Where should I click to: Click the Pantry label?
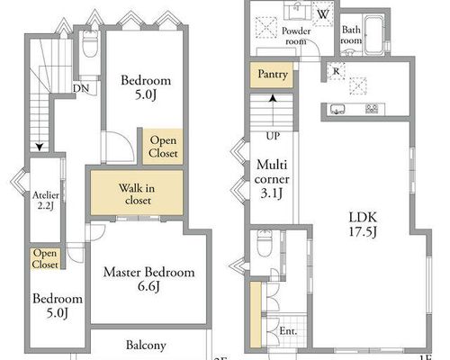tap(273, 74)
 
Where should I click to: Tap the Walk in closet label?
tap(137, 193)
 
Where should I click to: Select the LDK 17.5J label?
tap(363, 224)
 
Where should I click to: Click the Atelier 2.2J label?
tap(46, 201)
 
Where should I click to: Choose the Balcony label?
tap(146, 345)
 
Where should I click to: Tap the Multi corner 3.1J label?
tap(272, 179)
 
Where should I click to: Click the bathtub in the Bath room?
tap(373, 34)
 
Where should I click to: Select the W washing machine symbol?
tap(322, 13)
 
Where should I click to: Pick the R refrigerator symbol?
tap(336, 71)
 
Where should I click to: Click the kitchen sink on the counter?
tap(337, 109)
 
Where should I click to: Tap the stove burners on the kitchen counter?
tap(372, 108)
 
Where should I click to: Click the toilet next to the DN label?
tap(90, 43)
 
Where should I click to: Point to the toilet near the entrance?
tap(265, 243)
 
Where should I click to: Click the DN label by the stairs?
tap(81, 88)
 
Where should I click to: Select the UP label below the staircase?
tap(273, 136)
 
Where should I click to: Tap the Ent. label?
tap(288, 331)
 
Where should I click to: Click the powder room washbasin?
tap(297, 11)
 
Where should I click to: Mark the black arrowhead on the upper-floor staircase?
tap(40, 147)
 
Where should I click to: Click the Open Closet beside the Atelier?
tap(45, 258)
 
